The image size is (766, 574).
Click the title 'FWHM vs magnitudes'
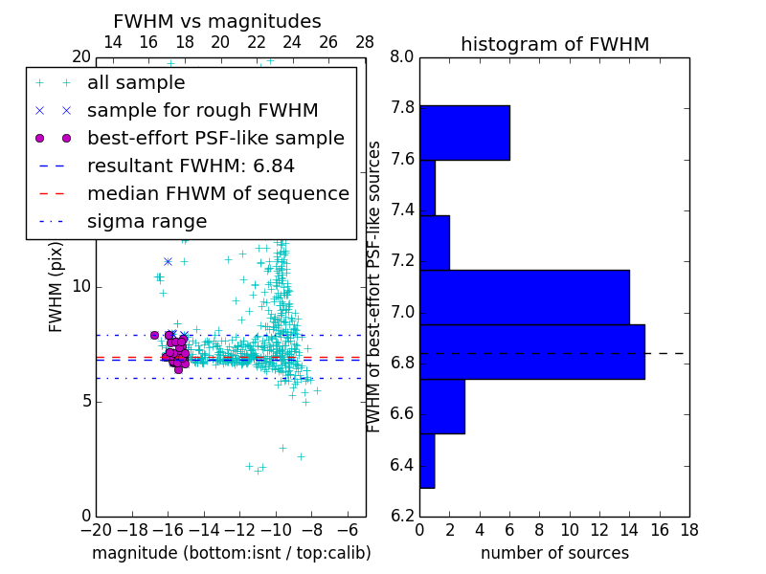point(216,22)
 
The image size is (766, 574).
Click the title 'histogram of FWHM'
point(554,45)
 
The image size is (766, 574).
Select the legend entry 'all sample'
point(136,83)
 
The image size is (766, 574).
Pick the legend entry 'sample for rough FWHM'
point(202,110)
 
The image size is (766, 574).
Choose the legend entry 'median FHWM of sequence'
point(217,193)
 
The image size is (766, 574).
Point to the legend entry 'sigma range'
point(146,222)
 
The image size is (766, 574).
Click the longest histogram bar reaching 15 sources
point(531,352)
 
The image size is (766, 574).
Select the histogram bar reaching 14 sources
point(524,298)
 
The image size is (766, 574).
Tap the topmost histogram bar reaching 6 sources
point(464,133)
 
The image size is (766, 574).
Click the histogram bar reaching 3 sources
point(441,407)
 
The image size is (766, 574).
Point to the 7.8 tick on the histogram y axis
point(402,108)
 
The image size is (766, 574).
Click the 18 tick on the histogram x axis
point(687,530)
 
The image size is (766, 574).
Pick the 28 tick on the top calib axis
point(365,42)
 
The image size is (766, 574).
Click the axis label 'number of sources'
point(554,553)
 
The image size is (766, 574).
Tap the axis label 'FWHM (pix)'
point(56,287)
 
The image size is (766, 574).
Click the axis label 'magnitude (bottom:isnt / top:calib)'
point(231,553)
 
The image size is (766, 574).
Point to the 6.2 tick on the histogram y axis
point(402,517)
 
